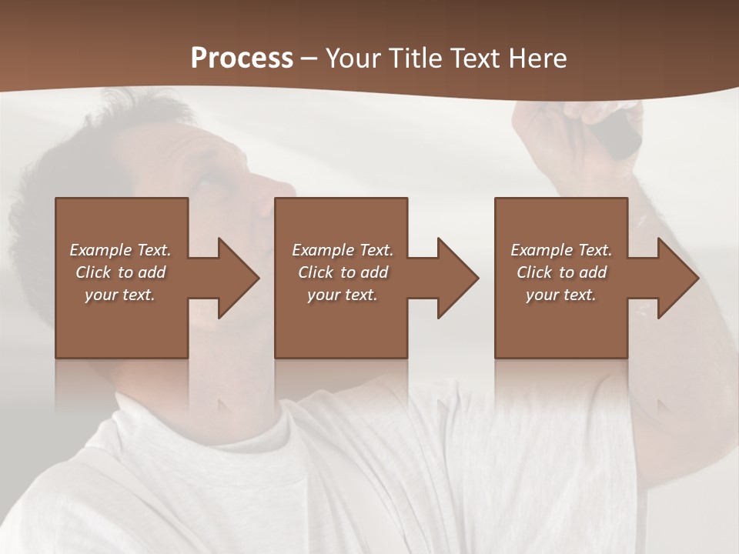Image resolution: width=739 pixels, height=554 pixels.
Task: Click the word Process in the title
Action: [242, 58]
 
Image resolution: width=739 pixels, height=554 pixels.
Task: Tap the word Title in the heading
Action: [414, 58]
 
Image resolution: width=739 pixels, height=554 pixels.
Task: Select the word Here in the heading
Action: [537, 58]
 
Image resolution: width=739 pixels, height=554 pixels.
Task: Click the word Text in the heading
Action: [475, 58]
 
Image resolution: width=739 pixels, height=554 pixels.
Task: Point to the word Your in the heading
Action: [353, 58]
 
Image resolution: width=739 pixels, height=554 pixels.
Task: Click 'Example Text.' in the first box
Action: [120, 250]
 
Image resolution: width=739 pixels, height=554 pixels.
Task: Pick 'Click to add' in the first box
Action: [120, 272]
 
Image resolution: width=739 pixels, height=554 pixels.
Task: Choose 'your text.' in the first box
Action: [120, 295]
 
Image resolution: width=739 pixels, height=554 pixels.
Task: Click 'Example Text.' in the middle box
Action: [343, 250]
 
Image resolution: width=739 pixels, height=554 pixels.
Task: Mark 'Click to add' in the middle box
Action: [343, 272]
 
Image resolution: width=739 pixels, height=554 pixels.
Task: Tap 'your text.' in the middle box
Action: [343, 295]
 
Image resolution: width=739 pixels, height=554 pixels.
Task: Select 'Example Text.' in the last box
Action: [561, 250]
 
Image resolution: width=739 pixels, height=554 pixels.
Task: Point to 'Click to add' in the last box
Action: [561, 272]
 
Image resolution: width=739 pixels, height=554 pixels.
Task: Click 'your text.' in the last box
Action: [561, 295]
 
